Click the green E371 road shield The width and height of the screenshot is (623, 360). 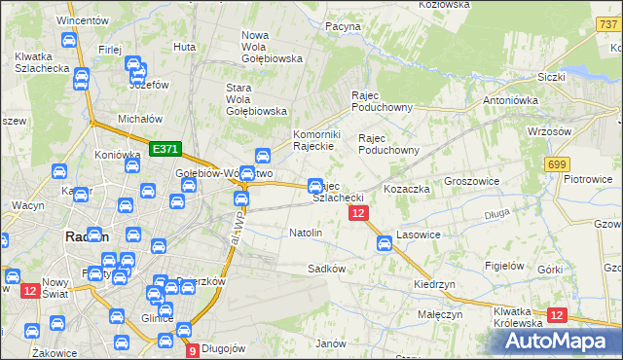165,149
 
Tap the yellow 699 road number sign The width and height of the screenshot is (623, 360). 557,166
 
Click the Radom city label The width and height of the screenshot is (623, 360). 87,236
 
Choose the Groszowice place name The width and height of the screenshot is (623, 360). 471,181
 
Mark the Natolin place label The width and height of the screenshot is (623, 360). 306,234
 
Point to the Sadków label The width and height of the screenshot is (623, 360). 327,268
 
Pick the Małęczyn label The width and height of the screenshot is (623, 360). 440,315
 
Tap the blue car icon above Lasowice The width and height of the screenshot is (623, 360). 385,242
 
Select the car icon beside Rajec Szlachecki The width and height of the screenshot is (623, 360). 315,185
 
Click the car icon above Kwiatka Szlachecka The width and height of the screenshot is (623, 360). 68,41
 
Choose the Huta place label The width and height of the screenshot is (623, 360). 184,46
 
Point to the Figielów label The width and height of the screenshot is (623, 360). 504,265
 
